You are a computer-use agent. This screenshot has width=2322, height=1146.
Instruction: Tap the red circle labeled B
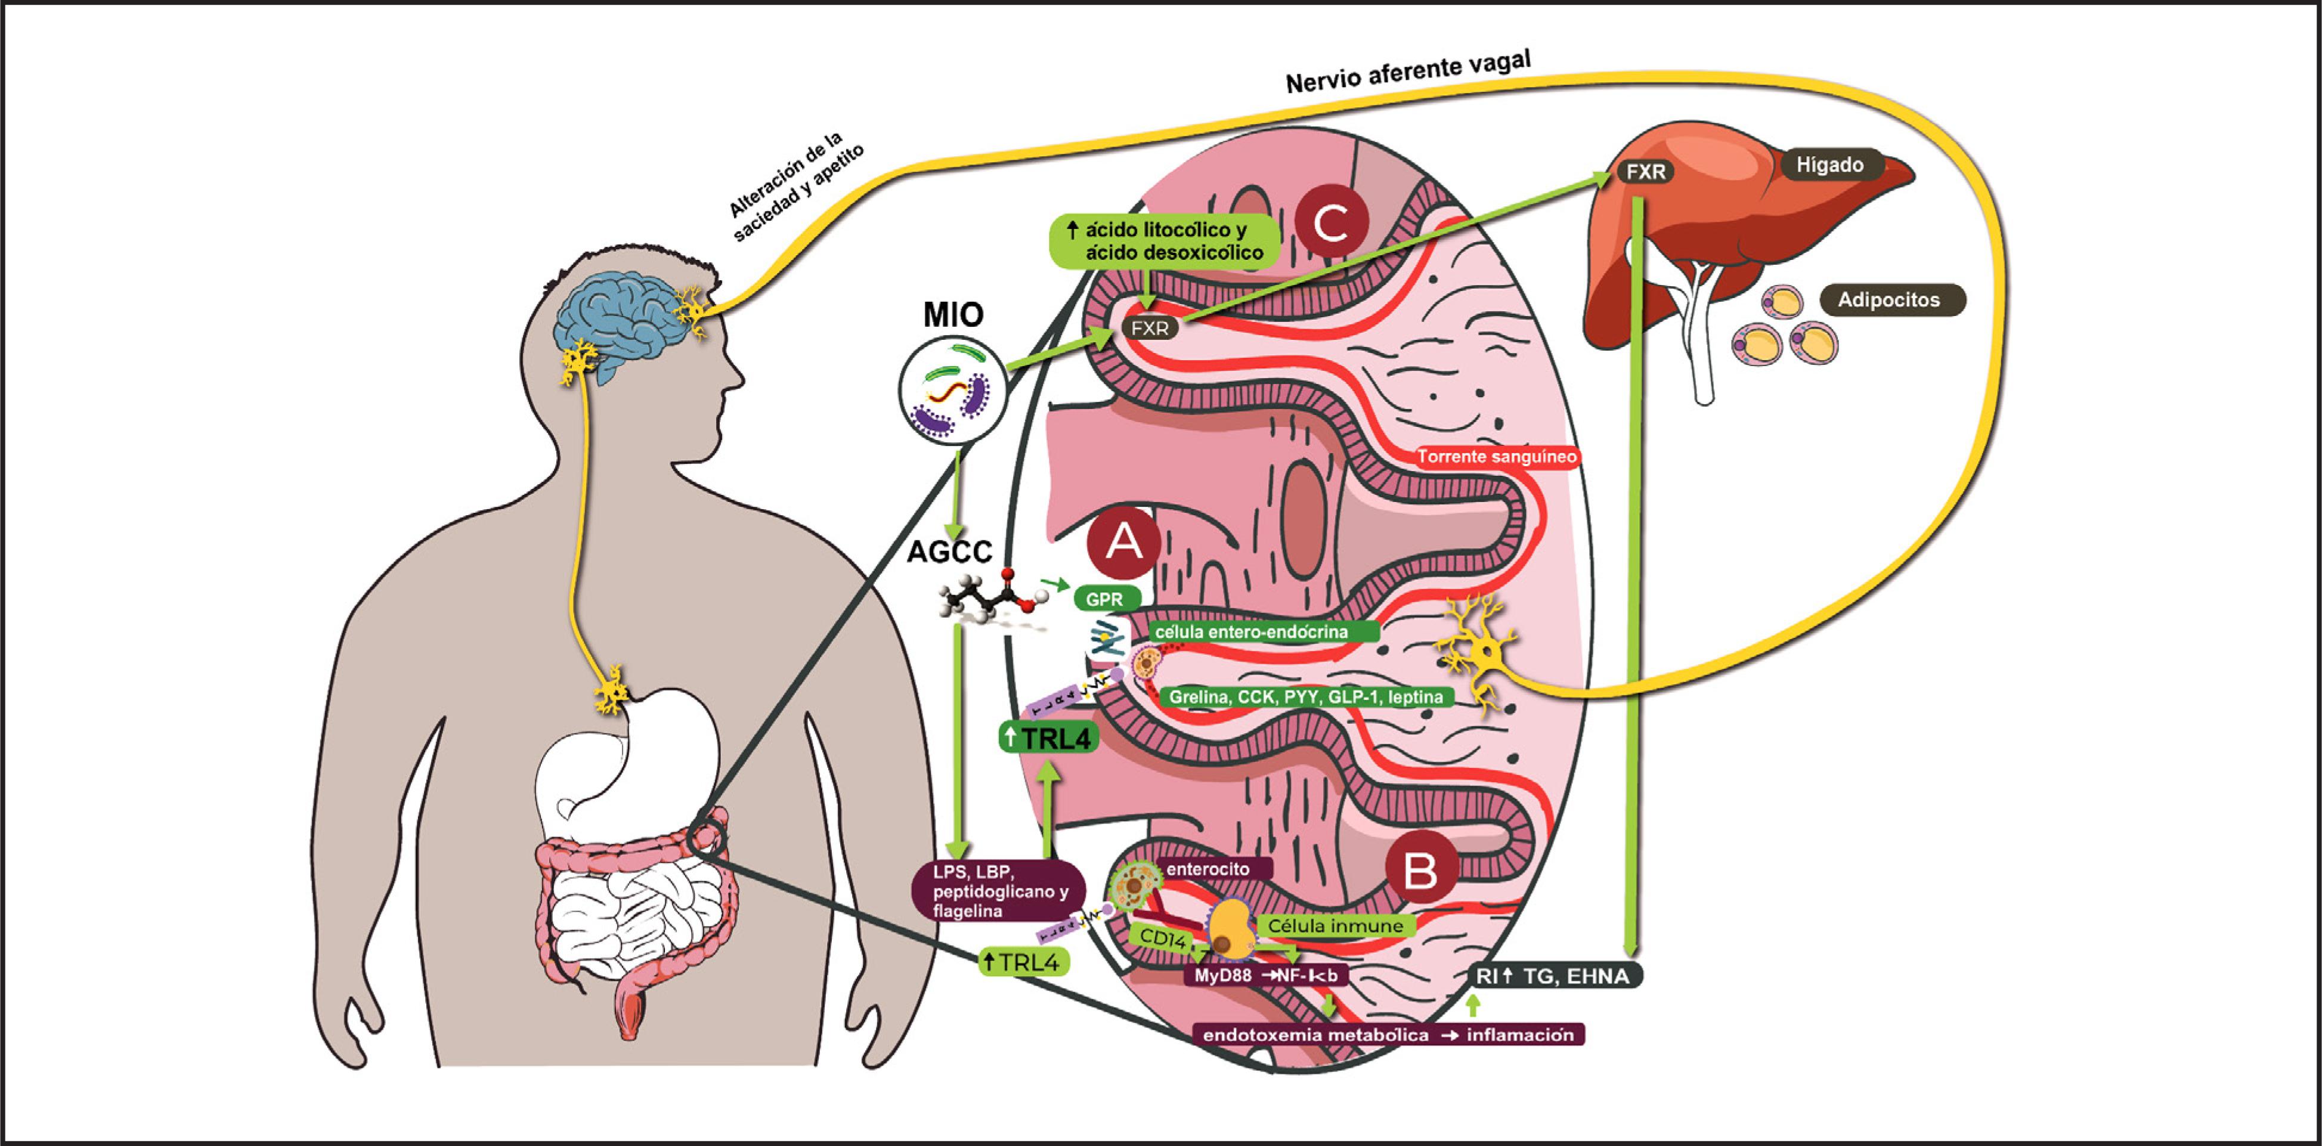(x=1420, y=870)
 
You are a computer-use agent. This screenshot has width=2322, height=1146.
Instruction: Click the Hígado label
(x=1830, y=165)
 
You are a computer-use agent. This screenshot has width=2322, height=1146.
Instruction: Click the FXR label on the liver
(x=1646, y=171)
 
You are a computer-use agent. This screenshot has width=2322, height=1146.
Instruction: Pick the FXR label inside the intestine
(x=1149, y=328)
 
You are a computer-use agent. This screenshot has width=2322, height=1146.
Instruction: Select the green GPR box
(x=1105, y=599)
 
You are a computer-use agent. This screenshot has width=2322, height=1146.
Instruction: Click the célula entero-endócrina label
(x=1252, y=632)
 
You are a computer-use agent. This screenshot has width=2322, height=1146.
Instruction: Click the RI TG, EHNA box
(x=1554, y=975)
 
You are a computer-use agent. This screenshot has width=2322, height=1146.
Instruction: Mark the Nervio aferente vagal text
(x=1407, y=72)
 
